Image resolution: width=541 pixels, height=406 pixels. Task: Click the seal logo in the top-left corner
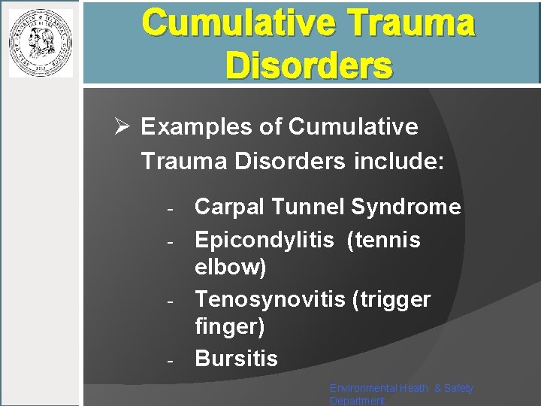[x=41, y=43]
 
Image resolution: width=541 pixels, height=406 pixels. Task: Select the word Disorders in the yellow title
[x=308, y=65]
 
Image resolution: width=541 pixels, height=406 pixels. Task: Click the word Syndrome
[x=407, y=207]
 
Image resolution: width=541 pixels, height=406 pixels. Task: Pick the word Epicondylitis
[x=264, y=240]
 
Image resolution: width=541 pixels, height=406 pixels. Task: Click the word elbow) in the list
[x=231, y=267]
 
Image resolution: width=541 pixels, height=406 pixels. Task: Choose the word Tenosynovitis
[x=270, y=299]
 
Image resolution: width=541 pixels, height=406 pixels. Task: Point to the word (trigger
[x=391, y=299]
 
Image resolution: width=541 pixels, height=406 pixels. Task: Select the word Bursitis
[x=236, y=359]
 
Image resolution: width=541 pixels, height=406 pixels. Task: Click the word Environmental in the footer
[x=361, y=388]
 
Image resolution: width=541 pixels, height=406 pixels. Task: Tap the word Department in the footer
[x=357, y=401]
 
